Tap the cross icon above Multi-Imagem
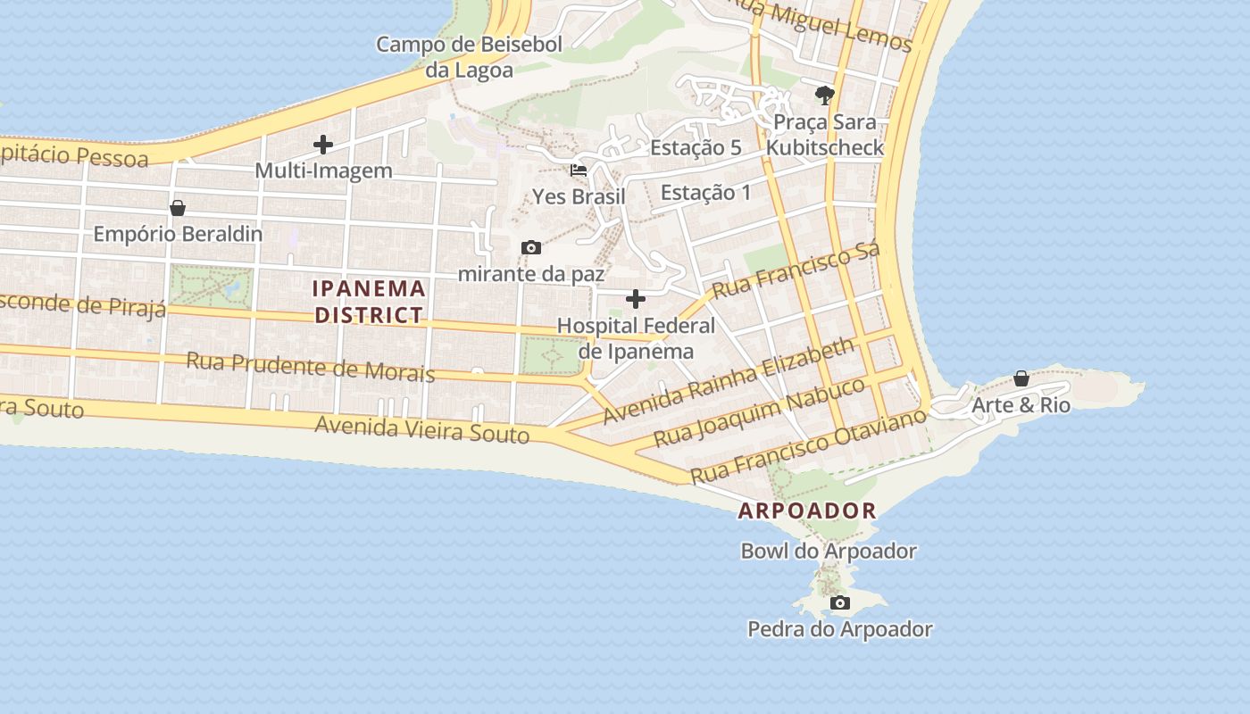pyautogui.click(x=323, y=145)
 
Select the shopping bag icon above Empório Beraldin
pyautogui.click(x=178, y=208)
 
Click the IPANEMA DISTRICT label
pyautogui.click(x=369, y=302)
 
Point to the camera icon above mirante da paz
pyautogui.click(x=531, y=247)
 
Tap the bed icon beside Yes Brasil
pyautogui.click(x=579, y=170)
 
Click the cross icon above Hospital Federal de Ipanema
pyautogui.click(x=636, y=298)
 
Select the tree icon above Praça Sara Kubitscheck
pyautogui.click(x=824, y=95)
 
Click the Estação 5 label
pyautogui.click(x=696, y=148)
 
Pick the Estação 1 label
pyautogui.click(x=705, y=193)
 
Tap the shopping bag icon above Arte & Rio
pyautogui.click(x=1021, y=378)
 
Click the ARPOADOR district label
pyautogui.click(x=807, y=511)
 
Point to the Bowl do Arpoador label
pyautogui.click(x=829, y=552)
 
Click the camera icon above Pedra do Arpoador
pyautogui.click(x=839, y=603)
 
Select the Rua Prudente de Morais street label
pyautogui.click(x=311, y=367)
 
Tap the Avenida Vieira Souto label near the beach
pyautogui.click(x=421, y=430)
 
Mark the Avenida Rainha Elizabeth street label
pyautogui.click(x=728, y=381)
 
